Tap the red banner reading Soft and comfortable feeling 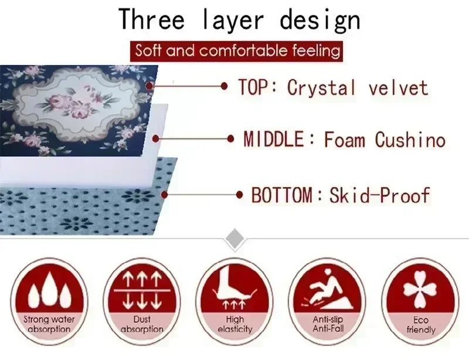pos(237,50)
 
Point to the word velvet pos(398,88)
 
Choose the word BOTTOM pos(282,195)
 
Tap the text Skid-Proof pos(379,195)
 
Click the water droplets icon pos(49,290)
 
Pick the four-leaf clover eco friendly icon pos(420,288)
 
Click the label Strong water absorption pos(49,325)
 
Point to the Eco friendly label pos(420,325)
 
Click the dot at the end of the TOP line pos(224,86)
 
